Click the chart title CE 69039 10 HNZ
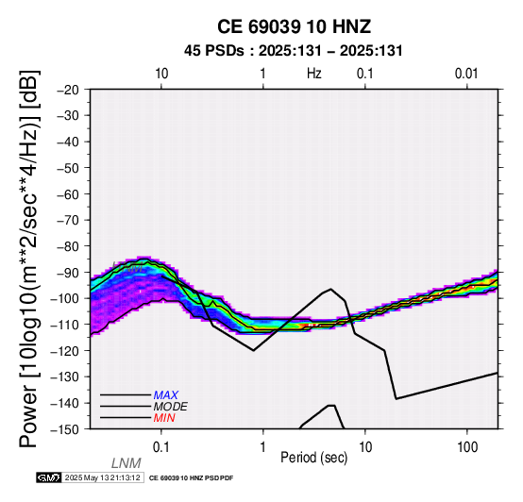coord(294,26)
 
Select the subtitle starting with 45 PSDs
coord(294,51)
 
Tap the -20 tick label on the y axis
coord(68,90)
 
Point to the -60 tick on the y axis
coord(68,194)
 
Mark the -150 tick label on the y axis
coord(65,429)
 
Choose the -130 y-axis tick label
coord(65,376)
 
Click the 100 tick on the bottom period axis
coord(467,447)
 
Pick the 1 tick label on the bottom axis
coord(263,447)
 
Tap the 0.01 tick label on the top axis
coord(466,74)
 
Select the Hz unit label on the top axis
coord(314,74)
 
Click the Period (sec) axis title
coord(313,458)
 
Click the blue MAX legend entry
coord(166,395)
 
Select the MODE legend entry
coord(171,407)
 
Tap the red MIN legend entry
coord(164,418)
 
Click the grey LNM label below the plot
coord(127,463)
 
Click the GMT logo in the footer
coord(49,477)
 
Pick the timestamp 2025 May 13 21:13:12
coord(102,477)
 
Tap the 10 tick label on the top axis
coord(161,74)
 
